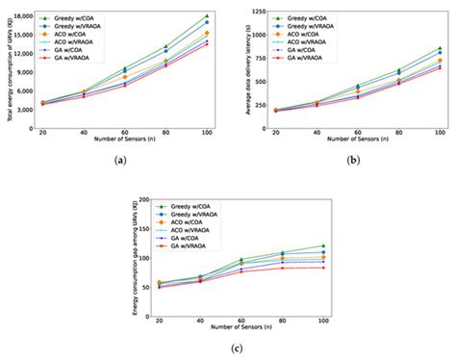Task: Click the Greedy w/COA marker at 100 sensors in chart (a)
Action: (207, 15)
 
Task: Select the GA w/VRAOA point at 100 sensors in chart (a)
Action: (207, 45)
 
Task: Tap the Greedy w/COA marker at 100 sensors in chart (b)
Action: (440, 48)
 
